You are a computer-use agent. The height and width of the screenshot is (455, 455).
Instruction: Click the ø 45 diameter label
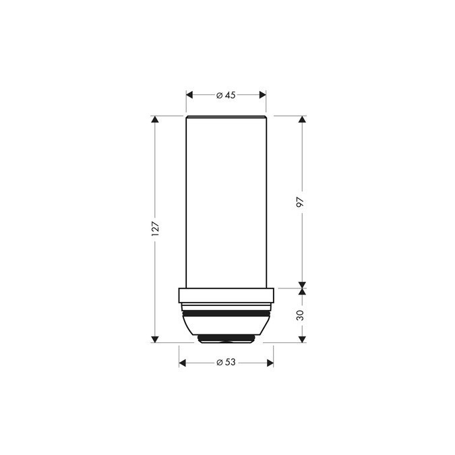click(x=226, y=95)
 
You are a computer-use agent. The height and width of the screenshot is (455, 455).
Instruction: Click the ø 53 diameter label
click(x=226, y=363)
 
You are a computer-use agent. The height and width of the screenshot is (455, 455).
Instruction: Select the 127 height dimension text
click(x=155, y=229)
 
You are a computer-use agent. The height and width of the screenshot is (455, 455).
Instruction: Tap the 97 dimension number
click(x=301, y=202)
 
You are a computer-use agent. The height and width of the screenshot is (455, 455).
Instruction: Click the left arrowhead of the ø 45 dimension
click(x=189, y=95)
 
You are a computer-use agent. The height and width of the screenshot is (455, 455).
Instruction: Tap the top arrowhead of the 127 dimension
click(x=155, y=120)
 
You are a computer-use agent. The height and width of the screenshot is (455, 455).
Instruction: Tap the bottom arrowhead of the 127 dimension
click(x=155, y=338)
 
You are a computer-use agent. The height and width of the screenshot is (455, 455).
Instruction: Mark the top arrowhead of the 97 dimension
click(x=301, y=120)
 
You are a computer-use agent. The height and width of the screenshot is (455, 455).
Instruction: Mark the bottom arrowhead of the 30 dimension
click(x=301, y=338)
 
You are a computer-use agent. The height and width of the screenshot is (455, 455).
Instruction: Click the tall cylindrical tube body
click(x=226, y=202)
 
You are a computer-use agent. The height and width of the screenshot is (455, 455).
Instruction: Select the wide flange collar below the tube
click(x=226, y=297)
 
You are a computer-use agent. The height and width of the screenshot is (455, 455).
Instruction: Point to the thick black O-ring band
click(x=226, y=314)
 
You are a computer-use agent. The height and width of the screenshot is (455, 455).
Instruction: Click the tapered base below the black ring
click(x=226, y=327)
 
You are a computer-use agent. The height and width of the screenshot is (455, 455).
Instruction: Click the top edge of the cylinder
click(x=226, y=117)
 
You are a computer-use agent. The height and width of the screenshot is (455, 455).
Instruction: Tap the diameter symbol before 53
click(x=219, y=363)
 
